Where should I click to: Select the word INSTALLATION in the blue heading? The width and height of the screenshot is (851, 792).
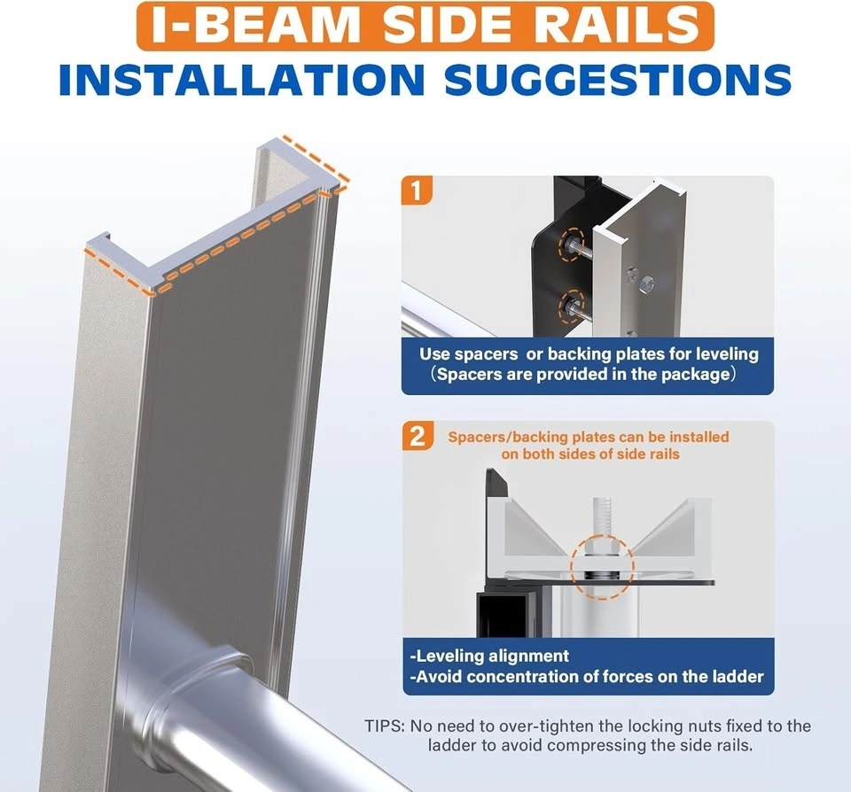242,80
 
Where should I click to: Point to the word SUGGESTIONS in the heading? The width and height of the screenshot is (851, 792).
617,80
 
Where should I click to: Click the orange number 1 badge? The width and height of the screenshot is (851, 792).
417,191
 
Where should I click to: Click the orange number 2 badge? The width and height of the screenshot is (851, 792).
417,436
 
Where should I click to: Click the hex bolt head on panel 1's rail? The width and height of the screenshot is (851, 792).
646,283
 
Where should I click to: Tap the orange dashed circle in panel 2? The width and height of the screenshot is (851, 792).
602,567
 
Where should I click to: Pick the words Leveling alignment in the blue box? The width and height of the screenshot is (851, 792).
490,656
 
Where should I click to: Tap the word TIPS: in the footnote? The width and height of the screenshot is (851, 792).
385,726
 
